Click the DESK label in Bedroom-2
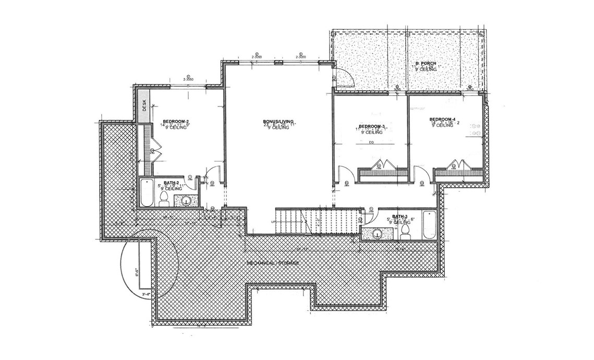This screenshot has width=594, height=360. coord(144,106)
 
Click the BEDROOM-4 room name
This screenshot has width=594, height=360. coord(442,119)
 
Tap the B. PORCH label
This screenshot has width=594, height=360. coord(425,64)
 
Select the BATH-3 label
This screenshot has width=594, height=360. coord(399,216)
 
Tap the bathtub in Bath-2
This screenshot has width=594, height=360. coord(145,193)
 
